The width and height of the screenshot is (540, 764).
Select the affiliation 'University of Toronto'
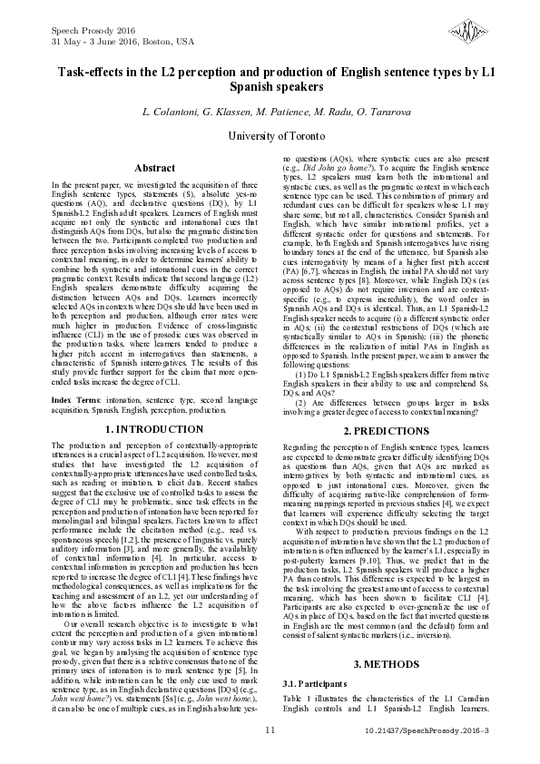[x=270, y=134]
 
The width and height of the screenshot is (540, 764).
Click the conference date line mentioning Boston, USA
[x=111, y=42]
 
